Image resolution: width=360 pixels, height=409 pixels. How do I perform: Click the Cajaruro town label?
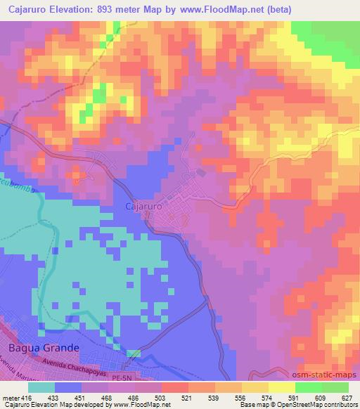[x=144, y=207]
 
